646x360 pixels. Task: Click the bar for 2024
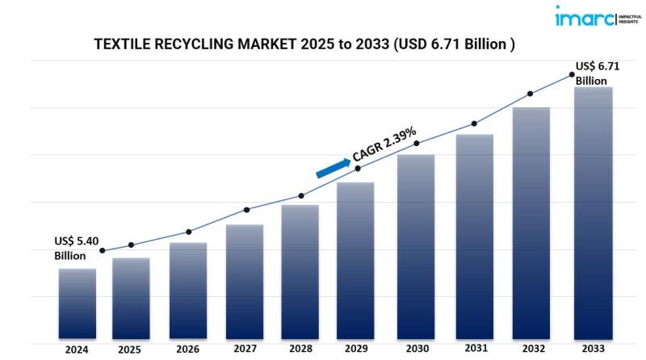point(78,303)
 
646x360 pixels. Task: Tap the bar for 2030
point(416,246)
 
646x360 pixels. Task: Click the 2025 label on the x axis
point(129,350)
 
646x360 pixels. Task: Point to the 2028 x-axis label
point(300,350)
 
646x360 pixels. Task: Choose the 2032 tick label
point(531,350)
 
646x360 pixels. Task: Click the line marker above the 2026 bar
point(188,232)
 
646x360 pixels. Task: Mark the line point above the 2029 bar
point(358,168)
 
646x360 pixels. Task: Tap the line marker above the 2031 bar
point(474,123)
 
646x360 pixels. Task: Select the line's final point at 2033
point(572,74)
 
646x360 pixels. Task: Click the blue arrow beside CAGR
point(333,167)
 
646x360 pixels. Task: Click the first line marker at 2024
point(103,251)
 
